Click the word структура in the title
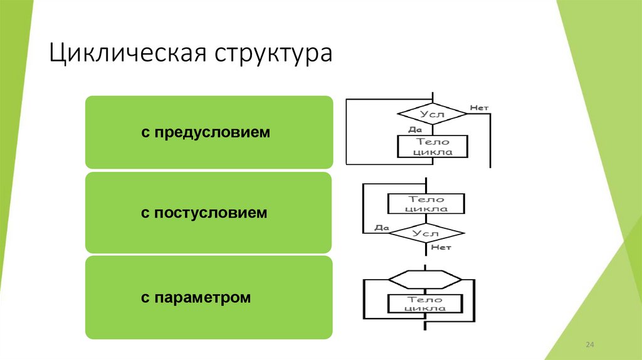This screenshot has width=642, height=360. click(x=274, y=53)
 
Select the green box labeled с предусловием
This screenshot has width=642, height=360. click(x=208, y=132)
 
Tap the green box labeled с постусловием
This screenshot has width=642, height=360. click(x=208, y=213)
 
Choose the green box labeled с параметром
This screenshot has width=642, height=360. click(x=208, y=297)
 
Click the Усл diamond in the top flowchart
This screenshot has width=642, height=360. click(x=433, y=114)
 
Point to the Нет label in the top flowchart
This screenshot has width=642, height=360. click(x=479, y=108)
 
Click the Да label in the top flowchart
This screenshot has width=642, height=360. click(x=414, y=130)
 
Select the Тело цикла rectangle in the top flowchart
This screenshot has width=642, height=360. click(x=433, y=147)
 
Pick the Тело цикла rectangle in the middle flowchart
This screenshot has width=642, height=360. click(x=426, y=203)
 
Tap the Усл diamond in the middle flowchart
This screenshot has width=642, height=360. click(x=427, y=233)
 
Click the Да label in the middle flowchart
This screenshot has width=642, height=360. click(x=382, y=228)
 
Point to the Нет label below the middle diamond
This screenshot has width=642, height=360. click(x=441, y=248)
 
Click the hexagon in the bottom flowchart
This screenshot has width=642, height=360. click(x=425, y=278)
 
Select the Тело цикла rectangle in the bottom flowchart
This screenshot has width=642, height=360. click(x=426, y=304)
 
